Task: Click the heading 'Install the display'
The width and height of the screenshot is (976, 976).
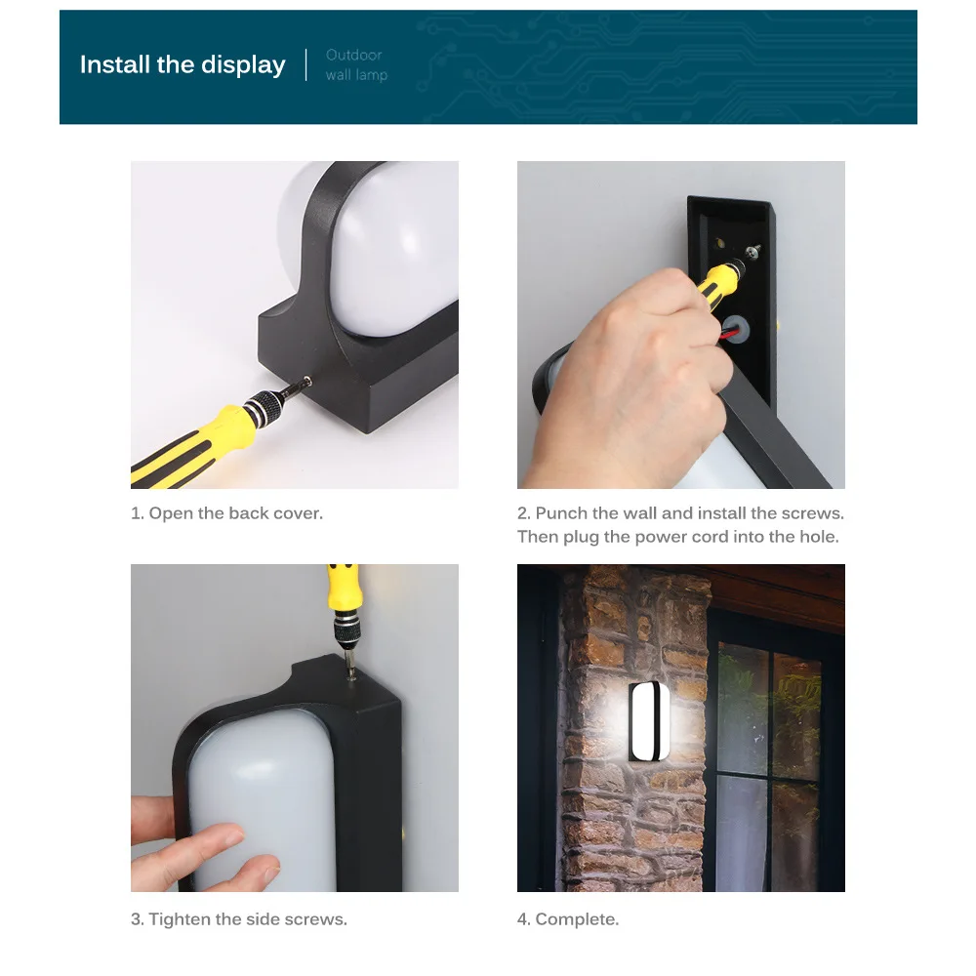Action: click(183, 64)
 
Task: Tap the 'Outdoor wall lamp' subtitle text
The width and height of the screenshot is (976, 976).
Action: click(356, 64)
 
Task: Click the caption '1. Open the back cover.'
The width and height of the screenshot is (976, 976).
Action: click(226, 513)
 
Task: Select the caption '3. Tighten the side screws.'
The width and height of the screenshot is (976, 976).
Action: click(239, 918)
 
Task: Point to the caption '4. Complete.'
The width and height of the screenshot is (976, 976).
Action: click(568, 918)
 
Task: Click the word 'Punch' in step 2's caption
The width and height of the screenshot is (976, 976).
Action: click(561, 513)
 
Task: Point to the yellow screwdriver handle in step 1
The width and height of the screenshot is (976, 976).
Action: click(186, 448)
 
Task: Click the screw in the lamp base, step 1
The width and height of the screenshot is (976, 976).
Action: click(306, 381)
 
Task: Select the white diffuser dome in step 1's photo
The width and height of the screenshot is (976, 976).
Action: click(386, 249)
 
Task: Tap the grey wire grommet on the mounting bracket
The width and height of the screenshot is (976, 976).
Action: click(735, 328)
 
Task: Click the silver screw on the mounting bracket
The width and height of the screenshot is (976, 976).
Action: click(753, 252)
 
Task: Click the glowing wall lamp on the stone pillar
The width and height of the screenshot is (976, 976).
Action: click(649, 721)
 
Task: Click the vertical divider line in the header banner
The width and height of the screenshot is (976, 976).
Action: click(306, 64)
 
